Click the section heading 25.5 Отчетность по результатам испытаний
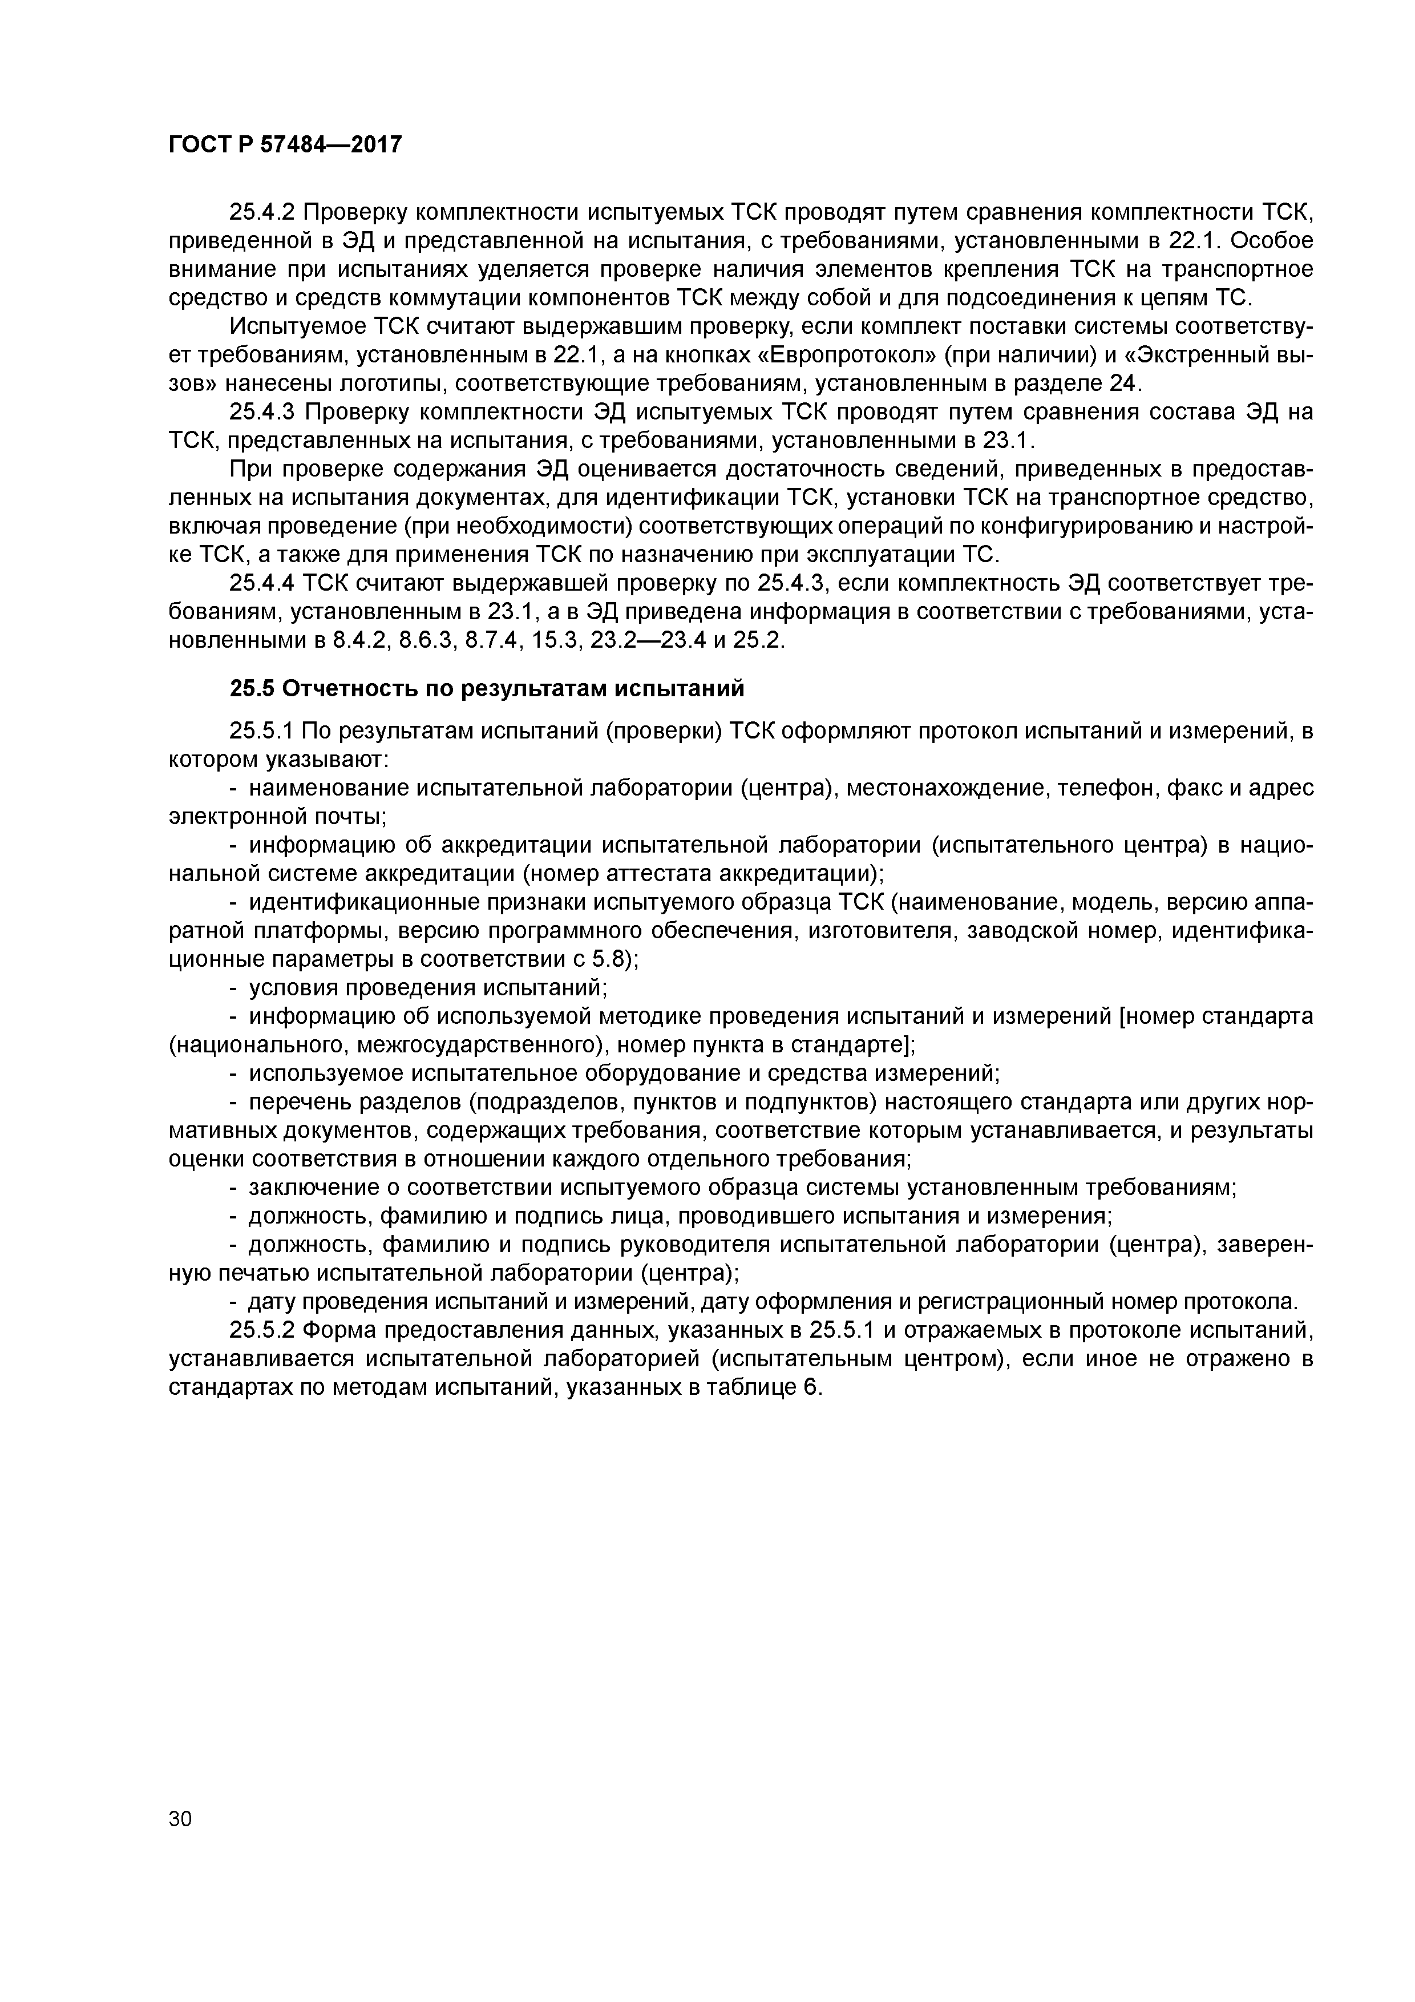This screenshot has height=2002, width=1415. coord(487,689)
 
